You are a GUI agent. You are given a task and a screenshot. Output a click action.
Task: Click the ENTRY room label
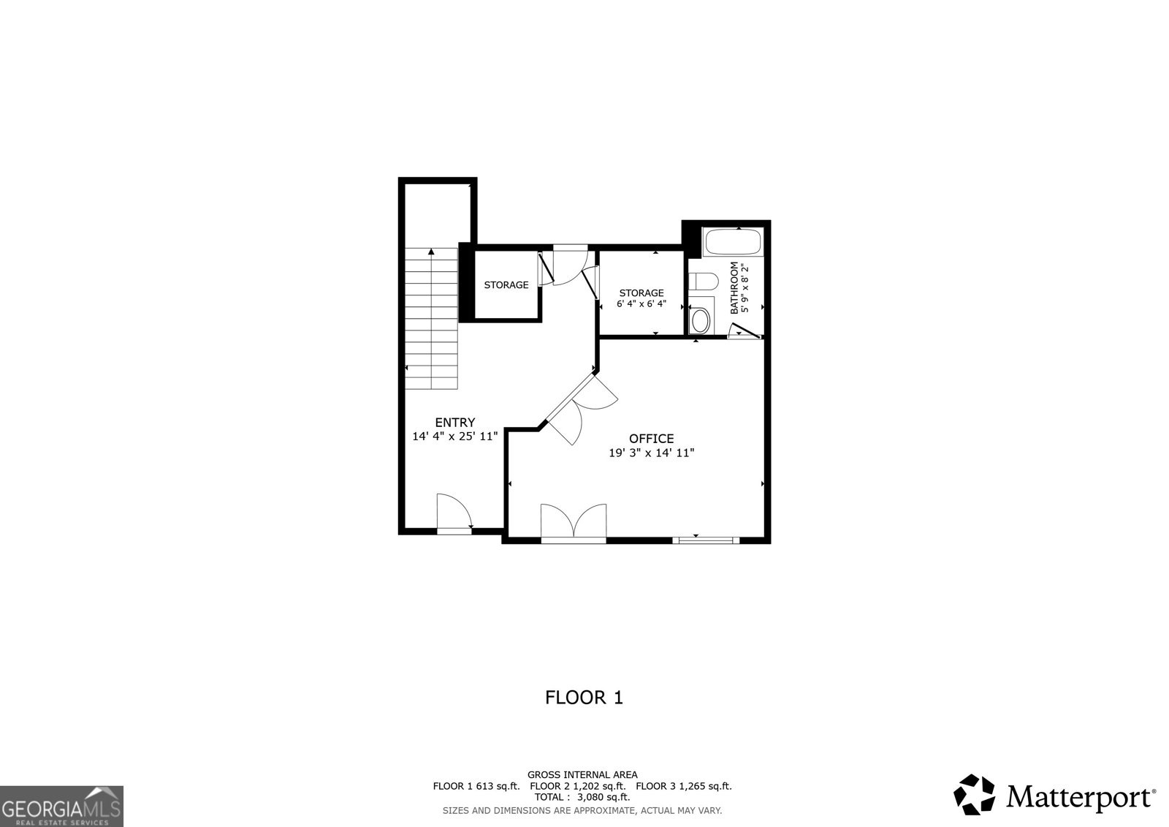pos(454,422)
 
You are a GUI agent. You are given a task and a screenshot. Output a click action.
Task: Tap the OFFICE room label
pos(651,439)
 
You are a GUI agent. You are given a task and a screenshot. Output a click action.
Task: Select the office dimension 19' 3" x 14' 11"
pos(651,453)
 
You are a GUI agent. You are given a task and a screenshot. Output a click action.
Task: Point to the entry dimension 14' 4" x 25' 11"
pos(454,437)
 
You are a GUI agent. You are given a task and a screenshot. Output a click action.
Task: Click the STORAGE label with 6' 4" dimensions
pos(641,293)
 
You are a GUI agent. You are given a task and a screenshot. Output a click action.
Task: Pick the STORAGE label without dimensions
pos(506,285)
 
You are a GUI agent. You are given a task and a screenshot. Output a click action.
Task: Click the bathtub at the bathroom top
pos(732,242)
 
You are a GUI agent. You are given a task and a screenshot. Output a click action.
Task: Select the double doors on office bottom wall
pos(574,522)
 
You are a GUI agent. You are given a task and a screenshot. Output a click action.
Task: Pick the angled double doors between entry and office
pos(582,409)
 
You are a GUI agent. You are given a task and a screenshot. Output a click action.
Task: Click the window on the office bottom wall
pos(705,540)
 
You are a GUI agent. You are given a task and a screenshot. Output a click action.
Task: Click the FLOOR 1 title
pos(584,698)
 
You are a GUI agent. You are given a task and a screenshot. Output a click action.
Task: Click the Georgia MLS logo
pos(61,806)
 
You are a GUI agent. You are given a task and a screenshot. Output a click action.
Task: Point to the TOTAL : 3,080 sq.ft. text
pos(582,798)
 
